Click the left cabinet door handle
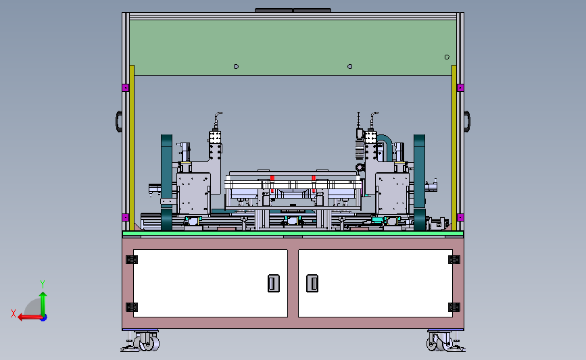(x=274, y=283)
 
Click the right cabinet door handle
(x=312, y=283)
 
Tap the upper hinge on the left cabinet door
(x=132, y=259)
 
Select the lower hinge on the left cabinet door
(x=132, y=307)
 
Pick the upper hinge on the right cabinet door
(x=454, y=259)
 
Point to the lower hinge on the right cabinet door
(x=454, y=307)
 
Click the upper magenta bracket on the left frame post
(x=126, y=88)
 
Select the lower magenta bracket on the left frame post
(x=126, y=217)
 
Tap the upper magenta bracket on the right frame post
(x=460, y=88)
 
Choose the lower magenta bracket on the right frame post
(x=460, y=217)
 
